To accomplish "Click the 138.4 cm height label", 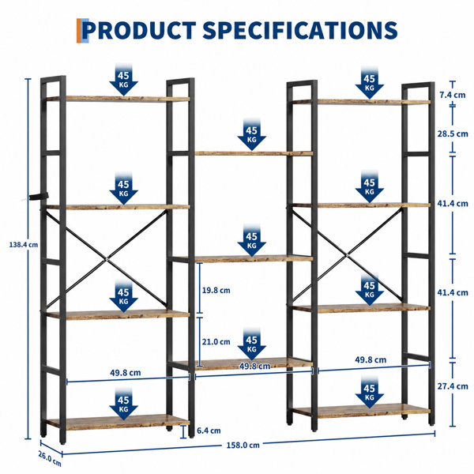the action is (24, 245).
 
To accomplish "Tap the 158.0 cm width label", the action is (243, 445).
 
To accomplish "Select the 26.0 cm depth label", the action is (50, 458).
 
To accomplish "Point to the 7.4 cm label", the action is (452, 95).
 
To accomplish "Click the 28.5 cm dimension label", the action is (453, 134).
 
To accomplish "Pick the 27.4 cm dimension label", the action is (453, 386).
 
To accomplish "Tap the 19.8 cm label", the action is (216, 290).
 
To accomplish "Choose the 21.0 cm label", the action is (216, 341).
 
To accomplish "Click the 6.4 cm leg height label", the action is (209, 431).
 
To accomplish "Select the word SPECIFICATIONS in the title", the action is (300, 30).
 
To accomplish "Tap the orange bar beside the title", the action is (79, 31).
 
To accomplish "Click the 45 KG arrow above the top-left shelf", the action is (123, 81).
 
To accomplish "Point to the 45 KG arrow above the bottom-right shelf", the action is (370, 393).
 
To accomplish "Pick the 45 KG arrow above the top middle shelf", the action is (251, 135).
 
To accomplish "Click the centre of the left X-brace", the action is (107, 259).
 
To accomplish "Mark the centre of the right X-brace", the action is (348, 256).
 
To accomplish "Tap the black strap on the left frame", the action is (39, 196).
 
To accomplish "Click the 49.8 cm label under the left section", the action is (126, 373).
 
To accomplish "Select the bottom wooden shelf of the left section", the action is (118, 422).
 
